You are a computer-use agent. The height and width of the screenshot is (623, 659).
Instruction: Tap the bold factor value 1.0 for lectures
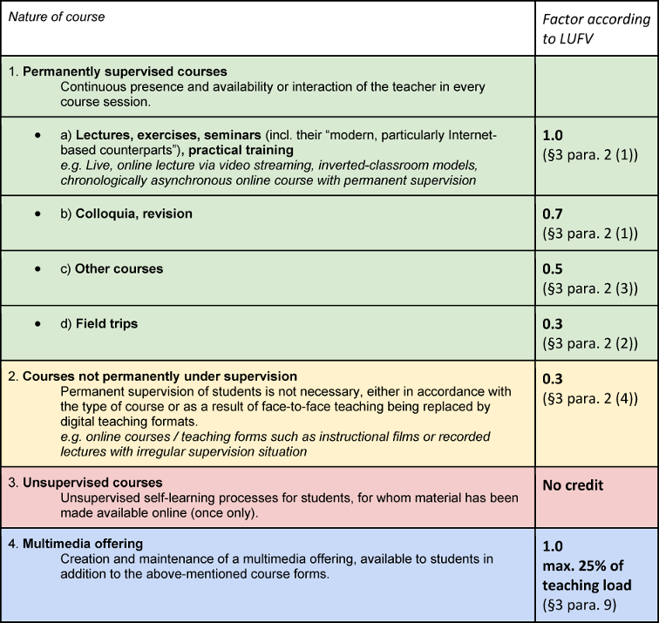[553, 135]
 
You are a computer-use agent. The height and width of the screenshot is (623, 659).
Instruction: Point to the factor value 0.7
[553, 213]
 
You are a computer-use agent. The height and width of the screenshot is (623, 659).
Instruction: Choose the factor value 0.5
[553, 268]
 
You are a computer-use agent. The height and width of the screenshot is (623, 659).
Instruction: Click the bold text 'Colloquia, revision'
[133, 213]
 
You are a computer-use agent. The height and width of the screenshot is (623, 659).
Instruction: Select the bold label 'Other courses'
[119, 268]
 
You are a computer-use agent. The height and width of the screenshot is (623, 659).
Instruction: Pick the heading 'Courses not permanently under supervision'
[147, 376]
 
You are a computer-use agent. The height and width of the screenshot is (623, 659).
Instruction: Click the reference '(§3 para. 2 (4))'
[590, 395]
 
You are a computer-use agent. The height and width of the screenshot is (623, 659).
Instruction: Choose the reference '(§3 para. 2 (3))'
[590, 288]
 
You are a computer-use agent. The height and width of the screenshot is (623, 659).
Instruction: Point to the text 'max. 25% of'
[583, 567]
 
